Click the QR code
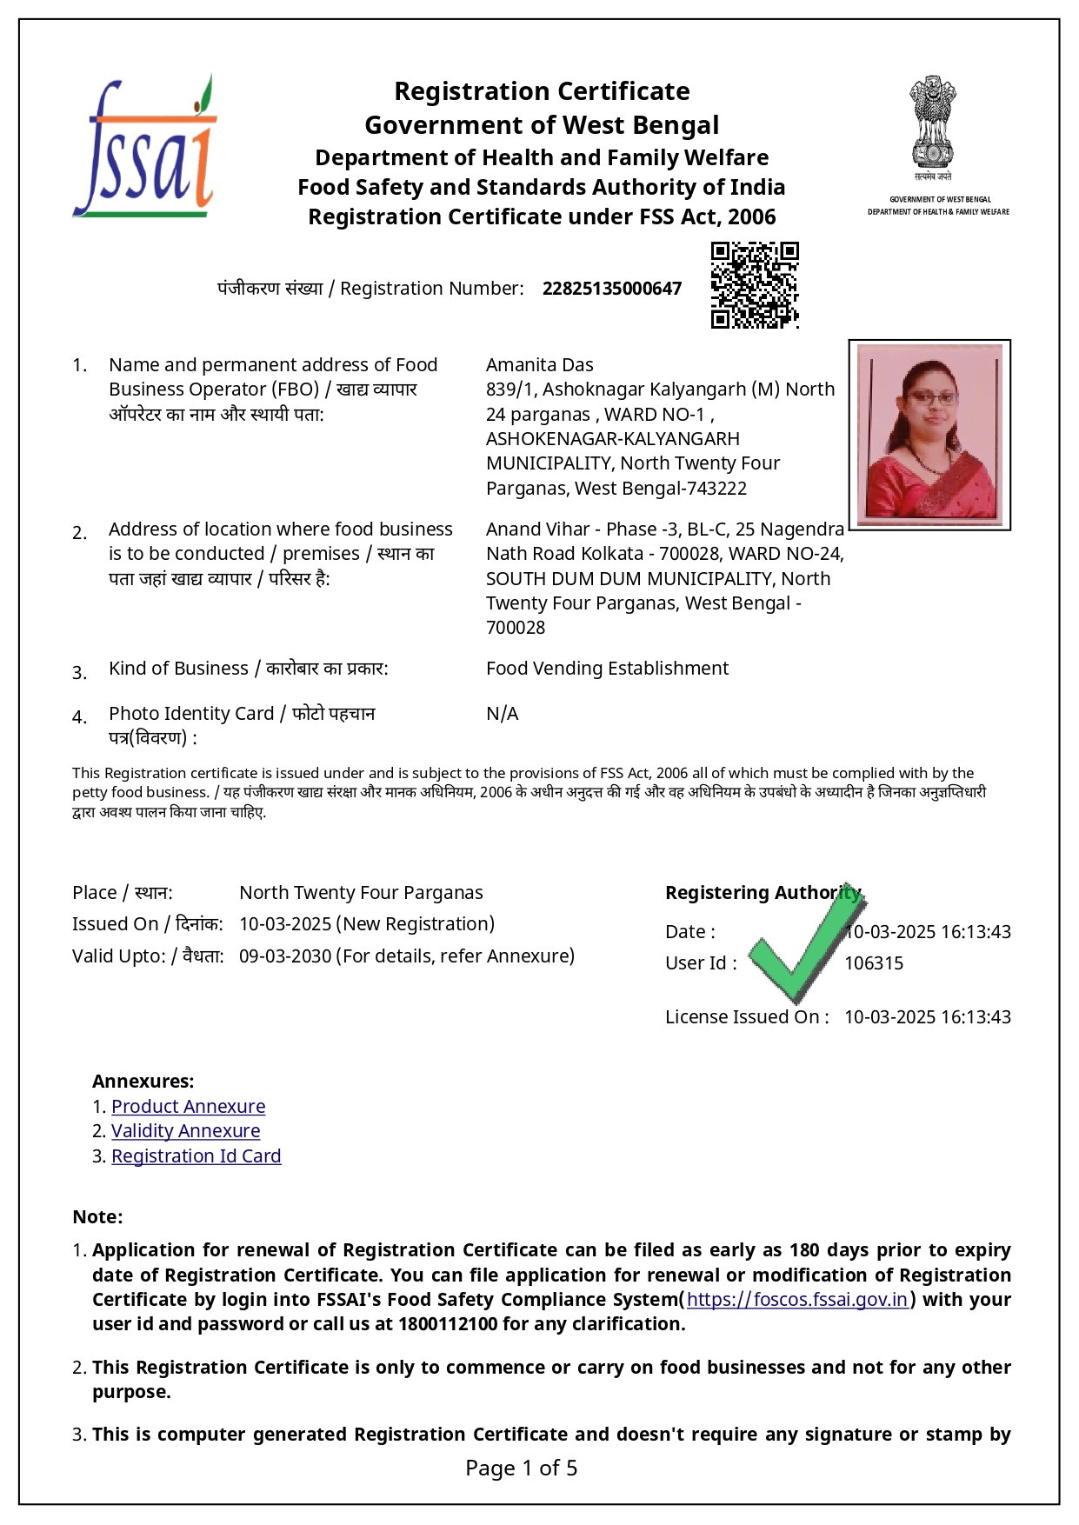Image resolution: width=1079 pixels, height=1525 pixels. (755, 285)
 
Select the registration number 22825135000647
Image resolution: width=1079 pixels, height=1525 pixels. (612, 289)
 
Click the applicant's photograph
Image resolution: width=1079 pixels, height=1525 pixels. (929, 434)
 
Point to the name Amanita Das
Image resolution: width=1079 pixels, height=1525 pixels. (539, 365)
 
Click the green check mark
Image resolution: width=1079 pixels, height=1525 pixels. (805, 943)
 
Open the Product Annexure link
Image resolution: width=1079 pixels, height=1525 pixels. (188, 1107)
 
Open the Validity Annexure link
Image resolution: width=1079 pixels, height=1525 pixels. (185, 1131)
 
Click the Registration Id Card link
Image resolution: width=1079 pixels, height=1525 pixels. (196, 1156)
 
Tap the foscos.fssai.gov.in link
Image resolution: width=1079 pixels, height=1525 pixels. (797, 1300)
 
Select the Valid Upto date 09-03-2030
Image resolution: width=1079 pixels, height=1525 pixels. (285, 956)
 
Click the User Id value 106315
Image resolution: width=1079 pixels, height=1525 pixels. (874, 963)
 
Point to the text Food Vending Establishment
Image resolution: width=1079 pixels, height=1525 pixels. (607, 669)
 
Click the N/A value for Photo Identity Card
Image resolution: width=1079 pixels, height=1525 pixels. (502, 714)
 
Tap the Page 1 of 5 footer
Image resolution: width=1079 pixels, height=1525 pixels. (522, 1468)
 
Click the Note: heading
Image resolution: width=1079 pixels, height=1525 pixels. (97, 1217)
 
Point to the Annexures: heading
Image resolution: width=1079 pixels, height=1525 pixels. (143, 1082)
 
